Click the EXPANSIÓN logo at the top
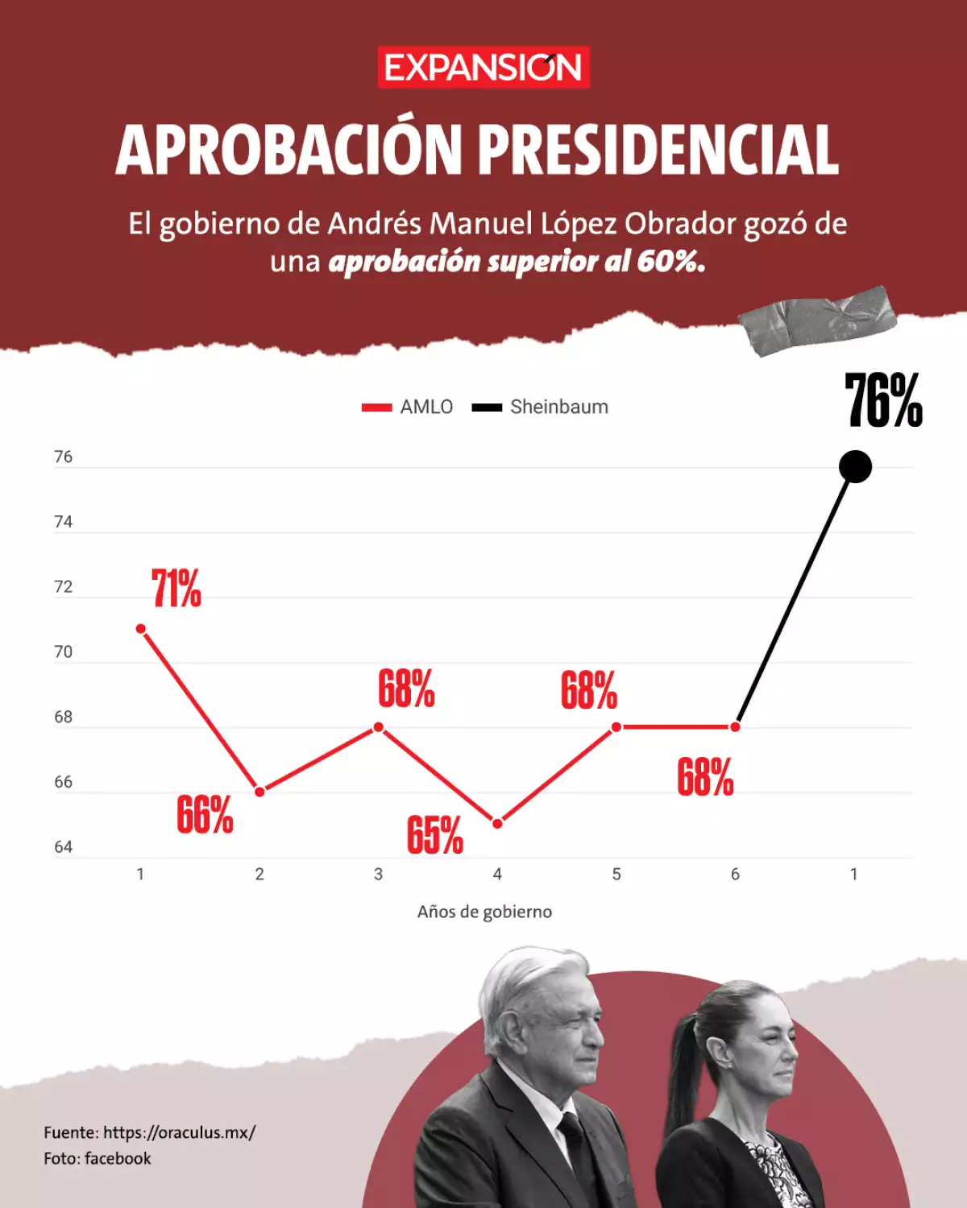pos(483,68)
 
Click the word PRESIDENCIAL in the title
pos(658,151)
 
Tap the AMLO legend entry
pos(408,407)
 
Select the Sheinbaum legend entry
pos(541,407)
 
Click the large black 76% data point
pos(855,467)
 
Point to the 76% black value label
pos(883,401)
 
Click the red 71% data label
pos(176,589)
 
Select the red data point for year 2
pos(259,792)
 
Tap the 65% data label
pos(434,835)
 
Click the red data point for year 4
pos(497,823)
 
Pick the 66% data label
pos(205,815)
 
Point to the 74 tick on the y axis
pos(63,522)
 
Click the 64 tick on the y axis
pos(63,847)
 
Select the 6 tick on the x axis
pos(735,875)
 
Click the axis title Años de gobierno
pos(484,912)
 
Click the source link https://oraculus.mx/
pos(179,1132)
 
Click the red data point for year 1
pos(141,629)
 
